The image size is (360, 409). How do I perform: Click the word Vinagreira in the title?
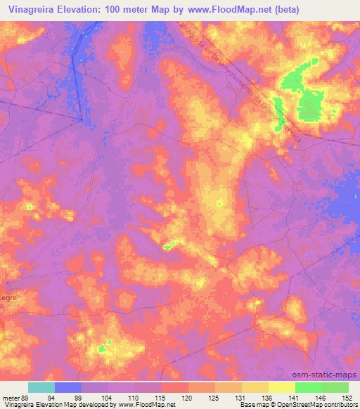click(30, 9)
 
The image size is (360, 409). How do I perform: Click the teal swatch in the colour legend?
click(41, 387)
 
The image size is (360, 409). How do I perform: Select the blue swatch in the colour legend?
click(68, 387)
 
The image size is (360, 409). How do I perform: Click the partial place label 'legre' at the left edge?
click(8, 297)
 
